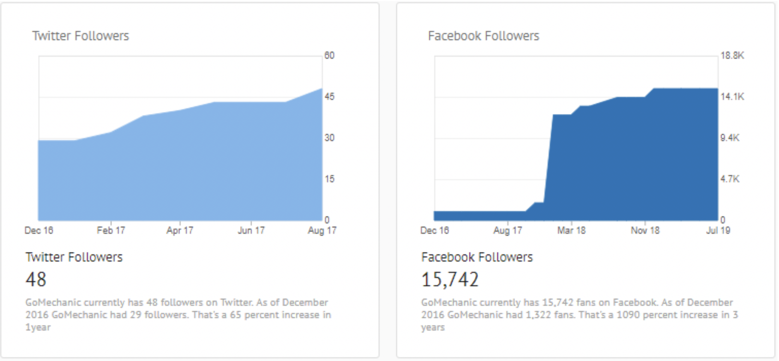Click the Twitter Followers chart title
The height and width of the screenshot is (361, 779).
pos(81,36)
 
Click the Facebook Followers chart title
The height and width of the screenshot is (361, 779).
pos(483,36)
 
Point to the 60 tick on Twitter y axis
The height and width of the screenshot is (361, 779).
pos(329,56)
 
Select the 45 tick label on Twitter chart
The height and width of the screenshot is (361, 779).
pos(329,97)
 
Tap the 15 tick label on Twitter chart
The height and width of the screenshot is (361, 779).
pos(329,179)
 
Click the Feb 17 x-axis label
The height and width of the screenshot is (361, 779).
pos(111,230)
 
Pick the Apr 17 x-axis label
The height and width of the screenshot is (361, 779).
pos(180,230)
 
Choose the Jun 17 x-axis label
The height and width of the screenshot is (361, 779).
pos(251,230)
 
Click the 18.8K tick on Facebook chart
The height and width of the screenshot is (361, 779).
pos(732,56)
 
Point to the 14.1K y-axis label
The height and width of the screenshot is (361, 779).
pos(732,97)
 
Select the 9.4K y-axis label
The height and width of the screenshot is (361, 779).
pos(730,138)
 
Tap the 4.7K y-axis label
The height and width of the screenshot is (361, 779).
pos(730,179)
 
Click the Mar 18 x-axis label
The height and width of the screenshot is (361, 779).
pos(571,230)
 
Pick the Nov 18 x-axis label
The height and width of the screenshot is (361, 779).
pos(645,230)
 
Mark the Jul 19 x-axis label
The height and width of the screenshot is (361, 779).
pos(718,230)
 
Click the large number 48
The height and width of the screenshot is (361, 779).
pos(36,280)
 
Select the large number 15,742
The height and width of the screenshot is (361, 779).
pos(450,280)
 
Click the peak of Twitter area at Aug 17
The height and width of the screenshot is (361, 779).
pos(321,89)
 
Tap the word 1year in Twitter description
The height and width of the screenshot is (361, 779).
pos(38,327)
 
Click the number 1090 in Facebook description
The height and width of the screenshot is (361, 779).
pos(628,314)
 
